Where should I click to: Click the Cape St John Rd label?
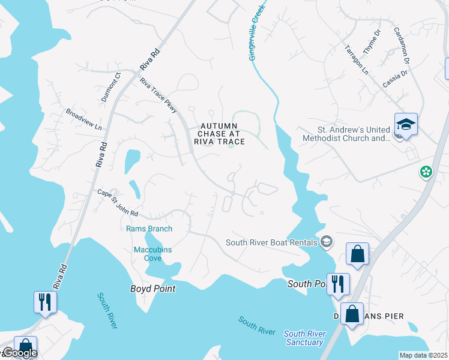pyautogui.click(x=118, y=204)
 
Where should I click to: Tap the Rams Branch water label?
pyautogui.click(x=149, y=229)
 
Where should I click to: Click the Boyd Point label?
pyautogui.click(x=153, y=289)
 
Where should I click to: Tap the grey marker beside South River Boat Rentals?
pyautogui.click(x=327, y=242)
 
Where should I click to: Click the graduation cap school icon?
pyautogui.click(x=406, y=125)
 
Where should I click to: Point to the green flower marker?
pyautogui.click(x=426, y=172)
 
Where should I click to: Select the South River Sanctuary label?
pyautogui.click(x=304, y=338)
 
